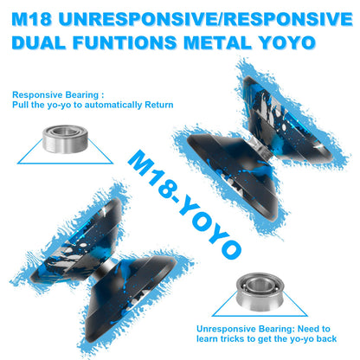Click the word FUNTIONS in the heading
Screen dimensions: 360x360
pyautogui.click(x=124, y=42)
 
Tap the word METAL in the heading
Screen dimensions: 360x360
pyautogui.click(x=218, y=42)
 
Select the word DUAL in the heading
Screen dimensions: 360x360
pyautogui.click(x=38, y=42)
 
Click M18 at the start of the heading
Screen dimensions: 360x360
pyautogui.click(x=32, y=19)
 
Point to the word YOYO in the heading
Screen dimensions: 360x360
pyautogui.click(x=286, y=42)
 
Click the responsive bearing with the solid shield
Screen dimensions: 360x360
pyautogui.click(x=65, y=138)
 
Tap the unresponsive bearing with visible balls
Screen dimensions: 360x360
pyautogui.click(x=260, y=292)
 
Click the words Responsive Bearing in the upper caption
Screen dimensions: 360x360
pyautogui.click(x=55, y=95)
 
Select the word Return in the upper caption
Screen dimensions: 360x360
pyautogui.click(x=159, y=105)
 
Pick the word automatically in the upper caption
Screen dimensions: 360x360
pyautogui.click(x=113, y=105)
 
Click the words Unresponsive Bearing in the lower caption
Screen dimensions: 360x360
pyautogui.click(x=246, y=329)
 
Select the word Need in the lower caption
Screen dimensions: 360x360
pyautogui.click(x=308, y=329)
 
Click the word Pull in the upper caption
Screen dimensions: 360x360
pyautogui.click(x=20, y=105)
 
